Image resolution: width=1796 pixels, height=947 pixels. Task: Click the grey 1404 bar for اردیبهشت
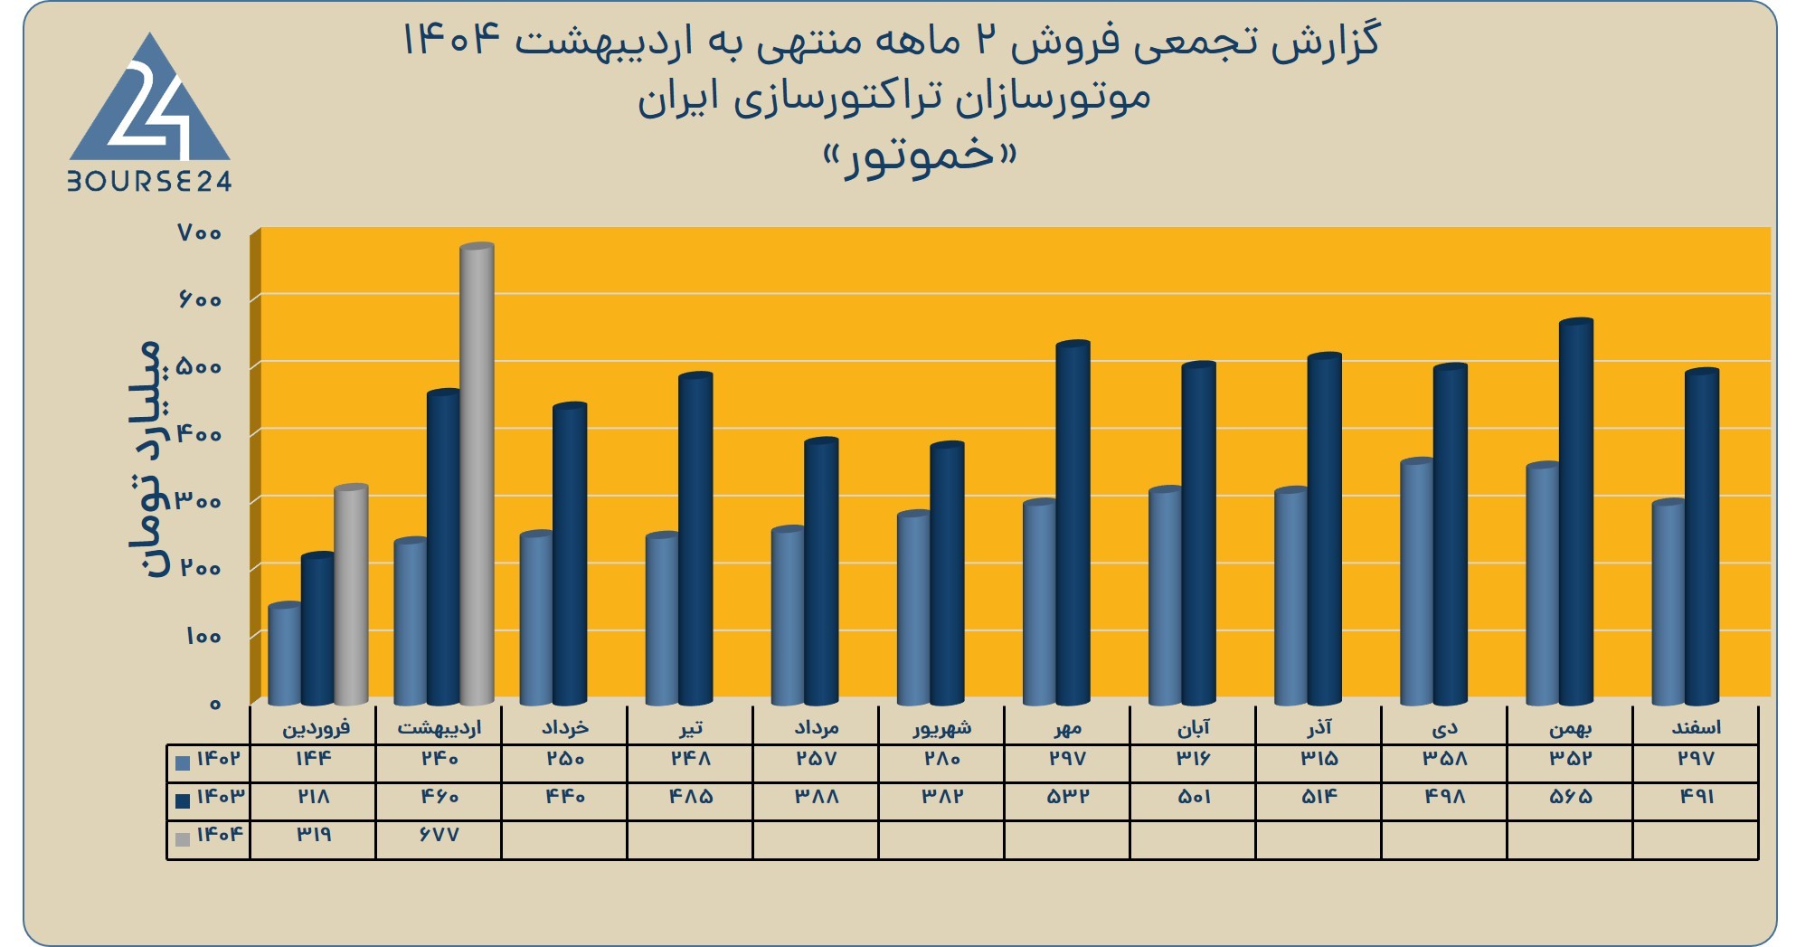[477, 474]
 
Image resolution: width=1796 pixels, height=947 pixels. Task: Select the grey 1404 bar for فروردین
[351, 595]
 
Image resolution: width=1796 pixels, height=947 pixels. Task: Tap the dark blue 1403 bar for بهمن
[1576, 512]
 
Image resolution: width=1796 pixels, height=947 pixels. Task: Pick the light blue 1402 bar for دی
[1417, 582]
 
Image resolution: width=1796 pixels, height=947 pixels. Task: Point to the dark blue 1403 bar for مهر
[1073, 523]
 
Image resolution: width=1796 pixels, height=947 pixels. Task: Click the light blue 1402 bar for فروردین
[285, 654]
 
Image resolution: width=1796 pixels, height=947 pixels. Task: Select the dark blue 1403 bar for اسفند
[1702, 537]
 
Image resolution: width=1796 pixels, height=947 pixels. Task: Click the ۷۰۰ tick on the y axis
[200, 233]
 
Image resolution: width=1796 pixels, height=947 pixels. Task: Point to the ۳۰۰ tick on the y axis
[200, 501]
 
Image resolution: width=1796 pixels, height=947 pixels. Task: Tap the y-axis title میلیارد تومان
[145, 459]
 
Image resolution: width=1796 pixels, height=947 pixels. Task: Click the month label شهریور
[941, 727]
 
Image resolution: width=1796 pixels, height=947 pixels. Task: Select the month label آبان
[1193, 727]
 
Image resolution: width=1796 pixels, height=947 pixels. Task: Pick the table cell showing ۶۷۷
[439, 835]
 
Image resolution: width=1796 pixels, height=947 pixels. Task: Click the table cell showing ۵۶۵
[1570, 797]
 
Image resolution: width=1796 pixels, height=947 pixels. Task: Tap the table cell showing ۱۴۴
[313, 758]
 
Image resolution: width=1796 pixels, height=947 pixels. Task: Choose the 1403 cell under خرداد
[564, 797]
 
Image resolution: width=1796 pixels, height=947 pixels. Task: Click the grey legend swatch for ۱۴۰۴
[183, 839]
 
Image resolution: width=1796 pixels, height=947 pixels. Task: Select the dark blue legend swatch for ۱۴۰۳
[183, 800]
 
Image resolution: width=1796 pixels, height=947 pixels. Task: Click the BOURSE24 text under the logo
[150, 182]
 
